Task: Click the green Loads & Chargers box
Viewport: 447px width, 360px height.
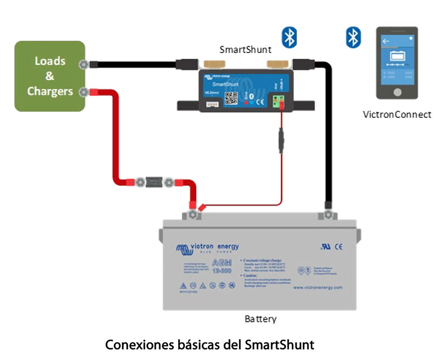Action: [x=50, y=76]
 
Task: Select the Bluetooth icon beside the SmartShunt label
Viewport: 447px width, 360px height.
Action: [x=289, y=37]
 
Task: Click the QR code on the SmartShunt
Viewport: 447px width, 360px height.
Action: [x=232, y=98]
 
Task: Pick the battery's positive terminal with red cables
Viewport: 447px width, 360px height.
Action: [x=193, y=213]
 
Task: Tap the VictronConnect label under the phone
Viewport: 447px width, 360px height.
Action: [x=397, y=114]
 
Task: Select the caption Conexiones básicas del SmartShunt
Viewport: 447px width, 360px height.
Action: [x=210, y=344]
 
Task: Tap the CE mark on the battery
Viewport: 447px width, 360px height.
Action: [x=339, y=246]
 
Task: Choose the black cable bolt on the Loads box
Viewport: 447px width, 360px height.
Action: [x=84, y=65]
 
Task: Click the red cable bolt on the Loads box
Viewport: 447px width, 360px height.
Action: [x=84, y=92]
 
